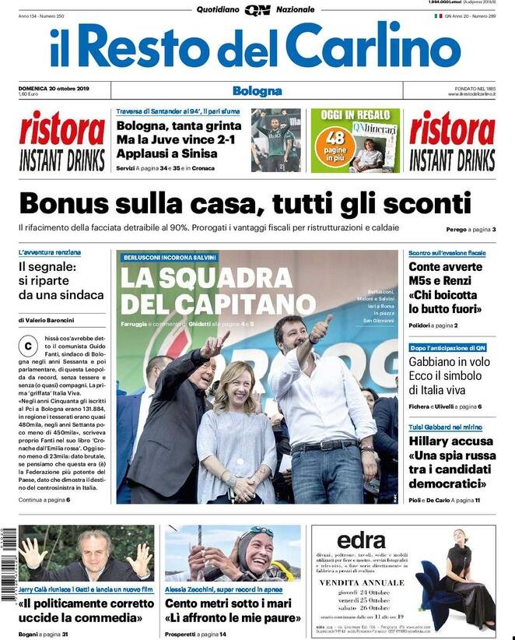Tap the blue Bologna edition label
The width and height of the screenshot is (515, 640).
coord(257,91)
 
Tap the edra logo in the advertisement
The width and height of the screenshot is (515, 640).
coord(362,540)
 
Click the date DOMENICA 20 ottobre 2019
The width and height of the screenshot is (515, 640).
coord(54,88)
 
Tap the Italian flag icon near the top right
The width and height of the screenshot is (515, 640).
coord(438,16)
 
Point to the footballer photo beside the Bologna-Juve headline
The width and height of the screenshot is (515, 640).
coord(276,140)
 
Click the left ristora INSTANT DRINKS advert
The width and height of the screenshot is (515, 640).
coord(62,141)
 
